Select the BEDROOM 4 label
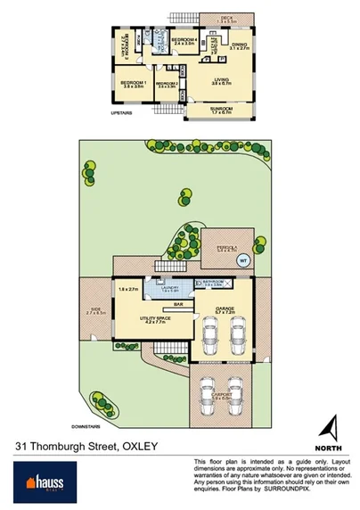(184, 40)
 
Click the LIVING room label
(221, 79)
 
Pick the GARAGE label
(225, 310)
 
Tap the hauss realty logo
(37, 481)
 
